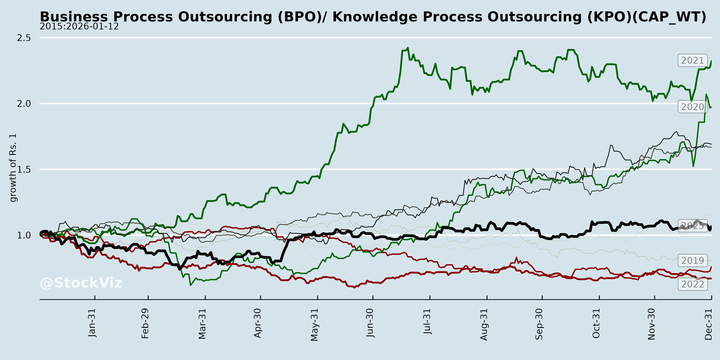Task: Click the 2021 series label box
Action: pyautogui.click(x=692, y=60)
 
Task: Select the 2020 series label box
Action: pyautogui.click(x=692, y=107)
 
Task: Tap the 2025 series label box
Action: pyautogui.click(x=692, y=226)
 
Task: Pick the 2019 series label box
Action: pyautogui.click(x=692, y=260)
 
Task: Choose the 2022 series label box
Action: pyautogui.click(x=692, y=284)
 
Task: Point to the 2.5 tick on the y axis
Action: pyautogui.click(x=24, y=38)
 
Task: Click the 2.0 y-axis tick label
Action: pyautogui.click(x=24, y=104)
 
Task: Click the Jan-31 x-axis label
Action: pyautogui.click(x=92, y=323)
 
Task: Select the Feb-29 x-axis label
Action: pyautogui.click(x=145, y=323)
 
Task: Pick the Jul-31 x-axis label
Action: pyautogui.click(x=427, y=321)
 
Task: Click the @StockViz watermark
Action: pyautogui.click(x=81, y=283)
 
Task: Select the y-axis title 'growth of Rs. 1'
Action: pyautogui.click(x=13, y=168)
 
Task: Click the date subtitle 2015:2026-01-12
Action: pyautogui.click(x=79, y=27)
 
